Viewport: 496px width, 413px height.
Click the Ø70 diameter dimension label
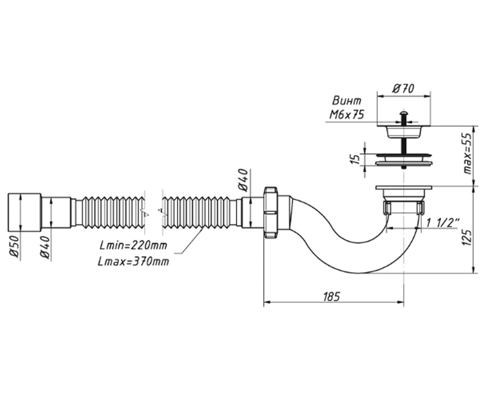coord(403,88)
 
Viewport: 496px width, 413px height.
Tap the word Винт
coord(347,101)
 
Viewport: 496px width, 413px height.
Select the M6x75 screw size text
coord(347,115)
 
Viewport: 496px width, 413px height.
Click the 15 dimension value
coord(355,159)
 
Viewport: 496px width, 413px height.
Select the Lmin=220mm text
coord(133,245)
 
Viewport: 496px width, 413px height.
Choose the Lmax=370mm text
coord(133,261)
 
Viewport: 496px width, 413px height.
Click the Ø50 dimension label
coord(14,247)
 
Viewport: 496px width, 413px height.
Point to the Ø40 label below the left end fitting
coord(45,247)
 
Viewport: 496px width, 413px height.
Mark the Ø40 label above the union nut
coord(243,180)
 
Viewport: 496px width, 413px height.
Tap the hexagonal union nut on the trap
coord(271,212)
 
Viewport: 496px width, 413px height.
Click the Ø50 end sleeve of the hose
coord(24,212)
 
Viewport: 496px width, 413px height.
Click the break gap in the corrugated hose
coord(153,212)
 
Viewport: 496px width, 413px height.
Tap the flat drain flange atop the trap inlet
coord(404,188)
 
